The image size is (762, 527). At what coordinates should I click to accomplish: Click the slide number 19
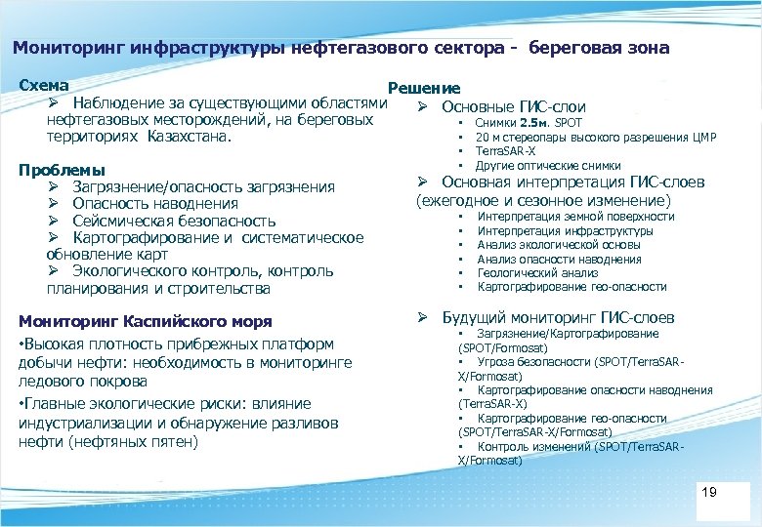709,492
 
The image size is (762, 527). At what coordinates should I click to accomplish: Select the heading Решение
424,89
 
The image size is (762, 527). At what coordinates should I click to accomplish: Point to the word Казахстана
190,137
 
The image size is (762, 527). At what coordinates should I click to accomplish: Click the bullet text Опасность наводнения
155,204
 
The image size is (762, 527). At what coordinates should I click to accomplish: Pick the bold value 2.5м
535,124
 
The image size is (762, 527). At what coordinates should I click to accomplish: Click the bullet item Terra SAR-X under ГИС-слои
505,151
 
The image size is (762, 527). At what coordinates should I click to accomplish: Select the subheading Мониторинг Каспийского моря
146,321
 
